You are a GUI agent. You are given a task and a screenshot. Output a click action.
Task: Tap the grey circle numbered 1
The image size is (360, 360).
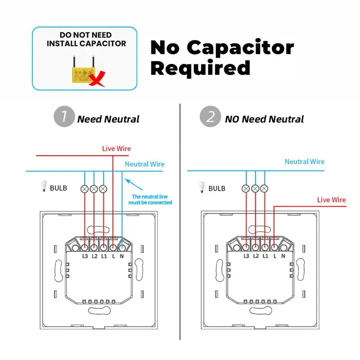click(x=64, y=117)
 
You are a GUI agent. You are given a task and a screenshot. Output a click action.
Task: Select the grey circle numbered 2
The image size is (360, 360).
click(x=210, y=117)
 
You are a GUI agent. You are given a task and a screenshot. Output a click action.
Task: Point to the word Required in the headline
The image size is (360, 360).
click(x=200, y=68)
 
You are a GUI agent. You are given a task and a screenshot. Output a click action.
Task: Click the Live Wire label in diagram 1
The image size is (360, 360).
click(x=117, y=148)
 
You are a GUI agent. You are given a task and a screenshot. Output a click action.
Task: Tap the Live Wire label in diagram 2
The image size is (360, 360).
click(x=331, y=200)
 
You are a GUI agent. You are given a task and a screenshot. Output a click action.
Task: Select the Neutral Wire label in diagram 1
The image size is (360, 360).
click(x=144, y=164)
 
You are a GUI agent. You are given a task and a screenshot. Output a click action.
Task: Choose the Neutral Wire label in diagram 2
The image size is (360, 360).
click(x=304, y=162)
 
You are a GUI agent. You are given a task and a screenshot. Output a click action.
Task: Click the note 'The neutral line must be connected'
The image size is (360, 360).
click(x=152, y=199)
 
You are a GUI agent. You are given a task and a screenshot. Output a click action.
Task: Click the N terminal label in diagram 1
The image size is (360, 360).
click(x=122, y=256)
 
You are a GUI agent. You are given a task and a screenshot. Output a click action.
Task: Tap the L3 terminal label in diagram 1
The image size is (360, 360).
click(x=85, y=256)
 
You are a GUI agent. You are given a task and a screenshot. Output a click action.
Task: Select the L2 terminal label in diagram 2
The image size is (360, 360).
click(x=256, y=256)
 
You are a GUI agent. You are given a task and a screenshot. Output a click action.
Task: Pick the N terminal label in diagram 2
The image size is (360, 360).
click(x=283, y=256)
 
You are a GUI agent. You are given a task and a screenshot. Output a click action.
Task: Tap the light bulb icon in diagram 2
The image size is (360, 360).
click(x=202, y=187)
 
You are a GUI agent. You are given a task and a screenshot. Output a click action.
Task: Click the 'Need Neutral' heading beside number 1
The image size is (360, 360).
click(x=108, y=119)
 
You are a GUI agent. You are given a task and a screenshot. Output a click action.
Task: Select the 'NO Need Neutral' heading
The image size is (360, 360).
click(x=264, y=119)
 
